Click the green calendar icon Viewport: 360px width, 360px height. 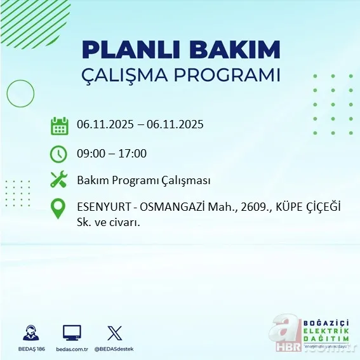tap(59, 125)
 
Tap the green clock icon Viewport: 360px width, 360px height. tap(58, 154)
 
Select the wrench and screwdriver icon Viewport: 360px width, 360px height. tap(59, 180)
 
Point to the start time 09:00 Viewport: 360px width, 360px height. tap(90, 153)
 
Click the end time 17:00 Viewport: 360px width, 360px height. tap(133, 153)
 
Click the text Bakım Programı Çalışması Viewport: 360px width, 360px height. tap(143, 180)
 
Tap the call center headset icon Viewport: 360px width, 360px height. tap(30, 333)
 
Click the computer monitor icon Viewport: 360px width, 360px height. tap(72, 333)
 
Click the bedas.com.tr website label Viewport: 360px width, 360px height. tap(71, 350)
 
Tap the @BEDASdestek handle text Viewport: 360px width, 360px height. tap(115, 350)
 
